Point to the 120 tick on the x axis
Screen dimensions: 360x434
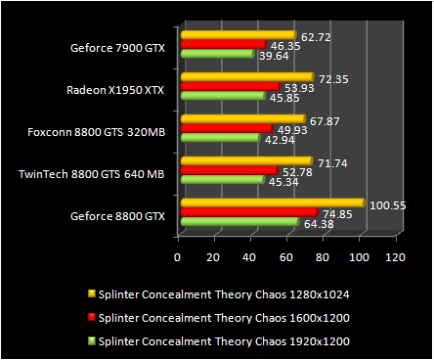click(395, 256)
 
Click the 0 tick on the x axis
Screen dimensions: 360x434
click(177, 256)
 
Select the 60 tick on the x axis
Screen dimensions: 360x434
click(285, 256)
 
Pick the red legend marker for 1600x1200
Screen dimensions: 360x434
click(90, 316)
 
